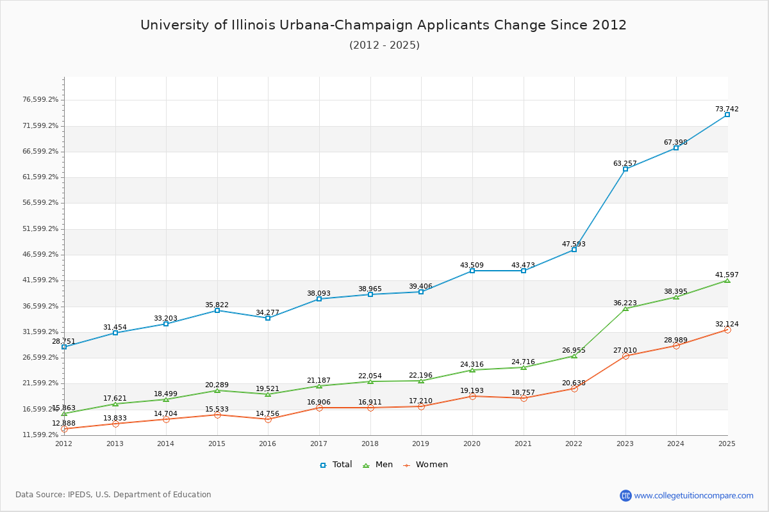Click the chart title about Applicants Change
383,25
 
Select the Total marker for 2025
727,115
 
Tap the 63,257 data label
625,163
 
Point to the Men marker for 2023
625,308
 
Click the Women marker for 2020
472,396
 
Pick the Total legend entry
336,465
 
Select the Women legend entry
426,465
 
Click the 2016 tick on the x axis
268,443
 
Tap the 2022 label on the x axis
574,443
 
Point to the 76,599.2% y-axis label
40,100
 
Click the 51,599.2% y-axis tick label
40,228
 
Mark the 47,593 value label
574,244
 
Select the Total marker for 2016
268,318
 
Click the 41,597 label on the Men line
727,275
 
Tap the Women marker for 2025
727,330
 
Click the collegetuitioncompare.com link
693,495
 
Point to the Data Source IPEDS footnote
113,495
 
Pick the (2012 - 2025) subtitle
384,45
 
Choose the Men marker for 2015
217,390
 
